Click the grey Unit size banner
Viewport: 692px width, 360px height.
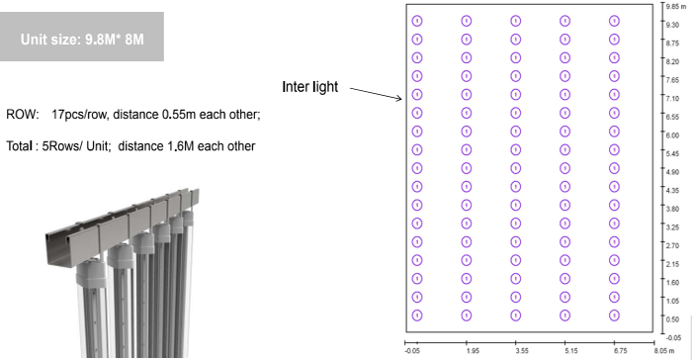pos(82,37)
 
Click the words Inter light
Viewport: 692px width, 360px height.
pos(309,87)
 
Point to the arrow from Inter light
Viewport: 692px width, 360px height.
pos(376,93)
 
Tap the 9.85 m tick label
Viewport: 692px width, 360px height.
pos(675,6)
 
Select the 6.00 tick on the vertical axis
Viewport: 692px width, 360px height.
pos(672,135)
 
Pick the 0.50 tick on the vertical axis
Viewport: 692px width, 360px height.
pos(672,319)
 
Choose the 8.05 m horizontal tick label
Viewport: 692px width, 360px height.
pos(664,351)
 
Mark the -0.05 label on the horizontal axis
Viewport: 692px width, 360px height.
pos(412,351)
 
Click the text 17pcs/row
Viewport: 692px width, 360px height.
pos(79,115)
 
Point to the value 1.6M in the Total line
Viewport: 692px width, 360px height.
pos(181,146)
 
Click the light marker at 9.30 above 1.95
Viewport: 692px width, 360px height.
pos(467,21)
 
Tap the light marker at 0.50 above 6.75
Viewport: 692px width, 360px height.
pos(614,315)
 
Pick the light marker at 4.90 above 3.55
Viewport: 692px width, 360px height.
pos(515,168)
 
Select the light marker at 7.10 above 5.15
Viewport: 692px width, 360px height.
pos(564,95)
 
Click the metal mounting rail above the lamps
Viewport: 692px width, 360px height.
pos(123,225)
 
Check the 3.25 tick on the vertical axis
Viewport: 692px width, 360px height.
pos(672,227)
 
